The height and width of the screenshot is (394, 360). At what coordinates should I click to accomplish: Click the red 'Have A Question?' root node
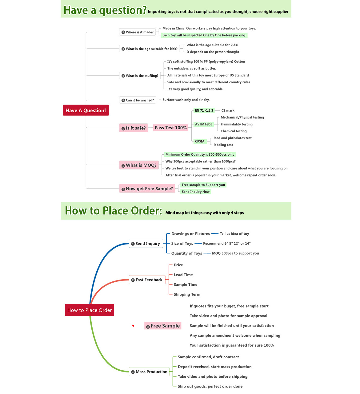tap(86, 110)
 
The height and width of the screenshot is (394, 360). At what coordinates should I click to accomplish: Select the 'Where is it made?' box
tap(137, 32)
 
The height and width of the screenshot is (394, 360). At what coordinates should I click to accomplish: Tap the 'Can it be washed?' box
tap(138, 100)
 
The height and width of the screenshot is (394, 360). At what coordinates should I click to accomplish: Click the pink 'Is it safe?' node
tap(134, 128)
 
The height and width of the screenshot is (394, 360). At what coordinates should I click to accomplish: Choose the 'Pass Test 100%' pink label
tap(170, 128)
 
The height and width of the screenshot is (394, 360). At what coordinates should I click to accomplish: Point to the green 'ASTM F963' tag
tap(204, 124)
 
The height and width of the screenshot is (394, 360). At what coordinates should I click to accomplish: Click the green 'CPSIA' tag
tap(200, 141)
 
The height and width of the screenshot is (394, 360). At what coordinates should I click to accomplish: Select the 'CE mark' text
tap(228, 110)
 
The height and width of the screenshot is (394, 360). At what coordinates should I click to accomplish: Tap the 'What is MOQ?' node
tap(139, 165)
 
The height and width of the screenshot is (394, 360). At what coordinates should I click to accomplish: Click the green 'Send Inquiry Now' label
tap(195, 192)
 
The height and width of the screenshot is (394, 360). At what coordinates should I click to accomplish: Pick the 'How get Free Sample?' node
tap(147, 188)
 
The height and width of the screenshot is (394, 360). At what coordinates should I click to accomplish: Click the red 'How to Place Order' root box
tap(90, 310)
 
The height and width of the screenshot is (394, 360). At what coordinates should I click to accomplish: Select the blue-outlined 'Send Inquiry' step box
tap(146, 243)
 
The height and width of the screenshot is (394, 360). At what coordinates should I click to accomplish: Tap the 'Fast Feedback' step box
tap(147, 280)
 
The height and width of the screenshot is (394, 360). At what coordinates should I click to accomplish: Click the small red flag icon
tap(133, 326)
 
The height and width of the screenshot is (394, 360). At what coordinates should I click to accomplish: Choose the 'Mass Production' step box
tap(149, 372)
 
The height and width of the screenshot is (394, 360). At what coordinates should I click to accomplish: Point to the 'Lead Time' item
tap(183, 275)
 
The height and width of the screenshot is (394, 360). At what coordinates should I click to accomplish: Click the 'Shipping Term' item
tap(187, 294)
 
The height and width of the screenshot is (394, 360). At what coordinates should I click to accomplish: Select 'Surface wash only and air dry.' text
tap(186, 100)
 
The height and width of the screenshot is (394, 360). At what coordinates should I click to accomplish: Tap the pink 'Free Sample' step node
tap(163, 326)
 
